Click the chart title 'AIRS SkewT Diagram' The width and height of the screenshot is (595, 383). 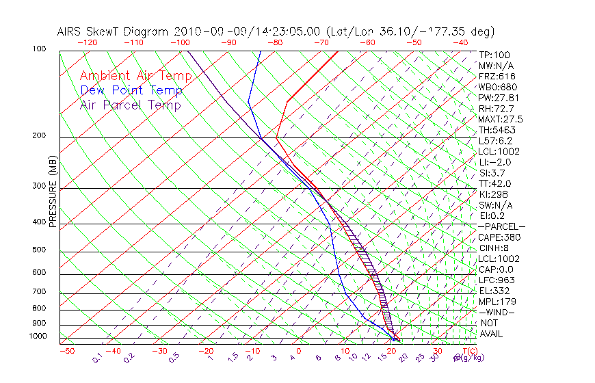[x=113, y=31]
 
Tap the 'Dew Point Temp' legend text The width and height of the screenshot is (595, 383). [x=131, y=90]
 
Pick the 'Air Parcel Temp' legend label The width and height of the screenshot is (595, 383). [x=130, y=105]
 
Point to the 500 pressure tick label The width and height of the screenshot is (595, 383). [x=39, y=250]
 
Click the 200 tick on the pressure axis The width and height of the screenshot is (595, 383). [x=39, y=136]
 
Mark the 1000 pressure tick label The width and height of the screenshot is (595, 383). [x=37, y=336]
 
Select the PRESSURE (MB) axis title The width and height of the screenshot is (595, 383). [x=53, y=191]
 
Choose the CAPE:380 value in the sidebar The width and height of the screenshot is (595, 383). [x=499, y=237]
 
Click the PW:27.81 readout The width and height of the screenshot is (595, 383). [x=498, y=98]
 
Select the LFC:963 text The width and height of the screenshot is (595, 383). [x=496, y=280]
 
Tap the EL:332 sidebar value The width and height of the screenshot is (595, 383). [x=494, y=291]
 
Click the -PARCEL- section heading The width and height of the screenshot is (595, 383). [x=501, y=226]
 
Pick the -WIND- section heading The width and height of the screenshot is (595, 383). [x=497, y=313]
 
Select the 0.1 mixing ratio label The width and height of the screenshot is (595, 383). [x=98, y=356]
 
